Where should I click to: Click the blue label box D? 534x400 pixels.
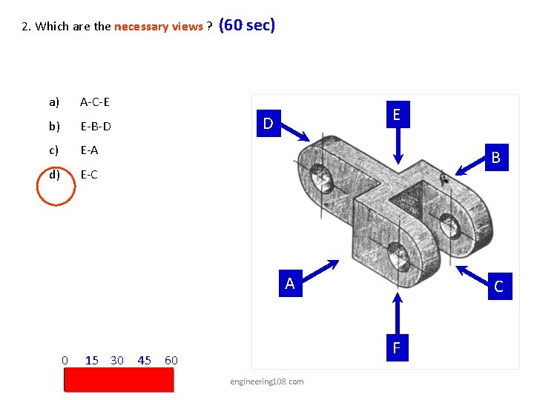[268, 122]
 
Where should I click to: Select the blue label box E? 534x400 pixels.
[397, 114]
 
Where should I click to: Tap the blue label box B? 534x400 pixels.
[495, 157]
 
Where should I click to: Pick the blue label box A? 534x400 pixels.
[290, 284]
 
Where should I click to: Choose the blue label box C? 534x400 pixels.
[498, 287]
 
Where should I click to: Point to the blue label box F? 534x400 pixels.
[397, 347]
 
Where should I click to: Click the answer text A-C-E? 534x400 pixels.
[95, 101]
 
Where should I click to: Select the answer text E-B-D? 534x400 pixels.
[96, 126]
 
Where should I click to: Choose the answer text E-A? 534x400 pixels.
[89, 150]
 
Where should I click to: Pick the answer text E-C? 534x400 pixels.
[89, 175]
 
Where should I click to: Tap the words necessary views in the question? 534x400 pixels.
[158, 27]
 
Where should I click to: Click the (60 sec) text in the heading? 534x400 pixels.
[248, 25]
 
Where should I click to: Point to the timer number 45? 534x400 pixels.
[145, 360]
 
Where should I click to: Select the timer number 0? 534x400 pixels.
[65, 360]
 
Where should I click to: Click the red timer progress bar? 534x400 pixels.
[119, 380]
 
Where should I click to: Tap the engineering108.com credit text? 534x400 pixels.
[267, 381]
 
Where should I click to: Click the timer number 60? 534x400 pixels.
[171, 360]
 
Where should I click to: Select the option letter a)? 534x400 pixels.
[54, 101]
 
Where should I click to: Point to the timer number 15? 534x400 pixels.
[92, 360]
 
